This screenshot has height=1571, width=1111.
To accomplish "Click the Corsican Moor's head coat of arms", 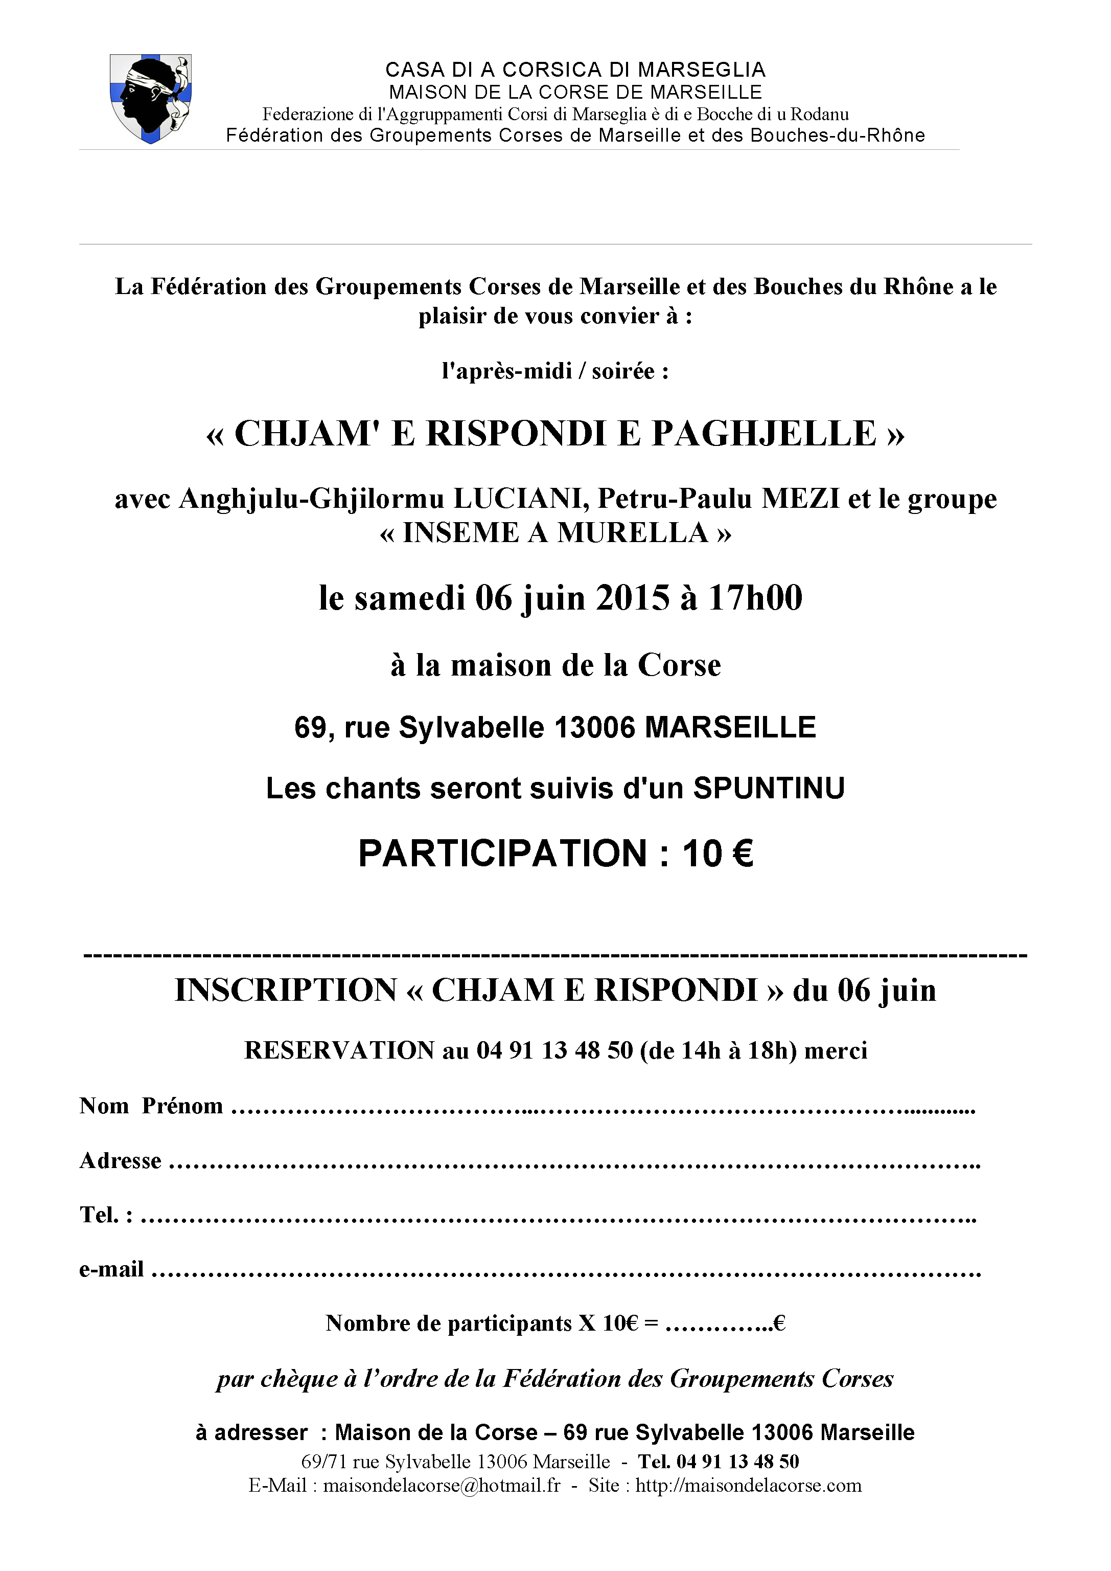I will [x=151, y=99].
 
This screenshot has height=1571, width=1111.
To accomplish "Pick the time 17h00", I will [x=755, y=598].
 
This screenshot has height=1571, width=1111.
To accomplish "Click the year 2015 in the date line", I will [x=633, y=598].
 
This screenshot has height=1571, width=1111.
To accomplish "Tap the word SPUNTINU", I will [x=769, y=789].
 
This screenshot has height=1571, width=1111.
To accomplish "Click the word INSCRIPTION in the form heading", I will [x=286, y=991].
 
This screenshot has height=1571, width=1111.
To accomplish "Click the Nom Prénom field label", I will [x=151, y=1106].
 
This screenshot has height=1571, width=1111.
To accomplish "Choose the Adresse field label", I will [x=121, y=1161].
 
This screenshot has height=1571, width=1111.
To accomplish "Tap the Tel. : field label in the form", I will [x=106, y=1215].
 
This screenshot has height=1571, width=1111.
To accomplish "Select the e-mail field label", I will [x=111, y=1270].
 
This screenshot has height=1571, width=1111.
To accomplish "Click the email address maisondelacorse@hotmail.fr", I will [x=441, y=1486].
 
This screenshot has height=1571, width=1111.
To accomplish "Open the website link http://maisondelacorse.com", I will [x=749, y=1486].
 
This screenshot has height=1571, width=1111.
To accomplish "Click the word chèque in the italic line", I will [x=299, y=1379].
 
